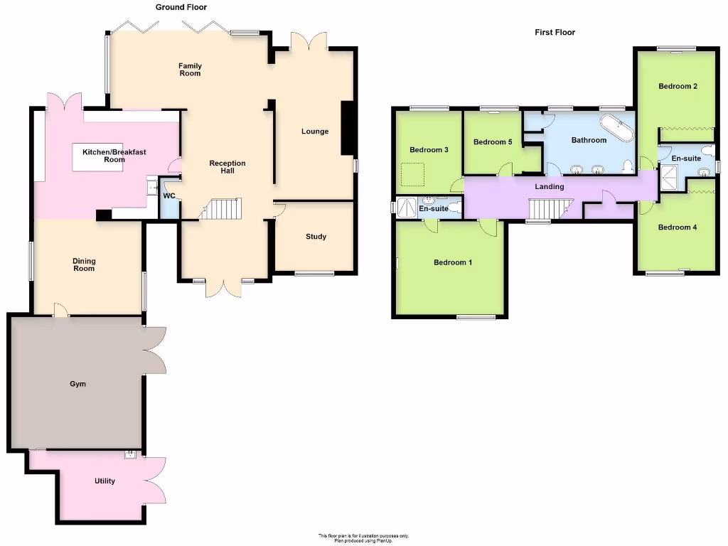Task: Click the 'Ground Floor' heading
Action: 181,7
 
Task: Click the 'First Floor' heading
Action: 555,32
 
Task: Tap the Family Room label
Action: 190,69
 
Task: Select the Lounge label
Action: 315,131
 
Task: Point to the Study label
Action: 316,236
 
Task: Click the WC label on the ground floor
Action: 169,196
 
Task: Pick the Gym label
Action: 77,384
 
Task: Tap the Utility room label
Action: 105,481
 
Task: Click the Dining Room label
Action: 83,264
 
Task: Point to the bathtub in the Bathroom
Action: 616,127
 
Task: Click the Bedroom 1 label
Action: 453,262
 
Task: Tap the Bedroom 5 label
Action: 493,142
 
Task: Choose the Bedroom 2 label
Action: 678,86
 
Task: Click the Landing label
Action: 550,186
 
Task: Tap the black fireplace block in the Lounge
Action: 348,128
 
